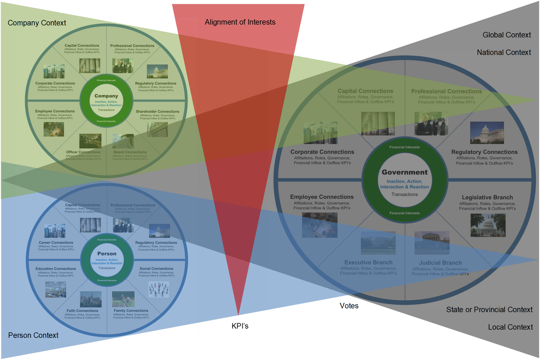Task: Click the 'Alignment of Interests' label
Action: tap(240, 22)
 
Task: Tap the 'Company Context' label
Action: tap(37, 23)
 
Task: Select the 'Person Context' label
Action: tap(33, 335)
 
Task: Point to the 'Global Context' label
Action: tap(506, 35)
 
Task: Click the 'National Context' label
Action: tap(503, 52)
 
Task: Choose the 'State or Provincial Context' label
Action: tap(489, 310)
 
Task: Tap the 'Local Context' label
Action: tap(510, 327)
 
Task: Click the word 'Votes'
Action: tap(349, 306)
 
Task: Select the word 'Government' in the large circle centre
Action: tap(404, 172)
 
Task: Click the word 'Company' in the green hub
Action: tap(106, 96)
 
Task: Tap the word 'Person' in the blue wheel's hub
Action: tap(107, 254)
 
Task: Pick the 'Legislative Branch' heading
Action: tap(487, 197)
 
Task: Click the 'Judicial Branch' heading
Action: tap(440, 263)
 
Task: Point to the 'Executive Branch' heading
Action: tap(368, 262)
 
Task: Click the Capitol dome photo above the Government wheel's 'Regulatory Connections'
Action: tap(487, 133)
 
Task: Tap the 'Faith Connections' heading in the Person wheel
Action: tap(82, 311)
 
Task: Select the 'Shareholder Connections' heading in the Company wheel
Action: tap(157, 111)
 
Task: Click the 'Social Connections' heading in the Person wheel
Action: tap(156, 268)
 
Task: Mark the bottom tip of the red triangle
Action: tap(238, 316)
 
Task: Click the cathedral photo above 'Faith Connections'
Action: tap(91, 299)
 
